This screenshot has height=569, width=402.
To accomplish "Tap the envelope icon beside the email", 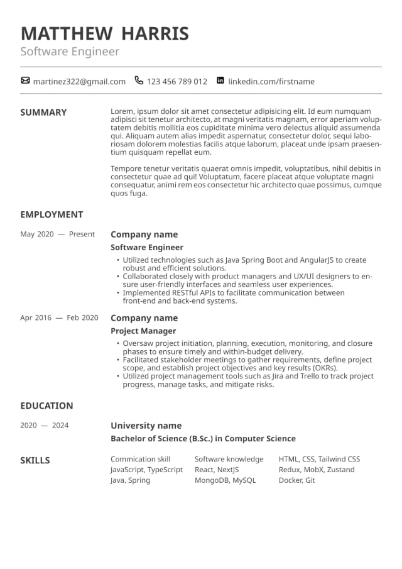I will point(25,80).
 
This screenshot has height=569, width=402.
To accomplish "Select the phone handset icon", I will point(139,80).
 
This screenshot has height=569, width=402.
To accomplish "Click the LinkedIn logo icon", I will point(220,80).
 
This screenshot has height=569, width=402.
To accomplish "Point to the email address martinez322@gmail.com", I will point(79,82).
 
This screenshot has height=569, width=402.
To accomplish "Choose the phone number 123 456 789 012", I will point(177,82).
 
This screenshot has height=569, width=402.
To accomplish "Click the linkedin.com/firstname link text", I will point(271,82).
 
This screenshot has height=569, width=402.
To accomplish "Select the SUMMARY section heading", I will point(43,113).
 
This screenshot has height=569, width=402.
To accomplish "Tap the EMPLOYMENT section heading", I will point(52,214).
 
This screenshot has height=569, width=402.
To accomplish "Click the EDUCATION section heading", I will point(46,406).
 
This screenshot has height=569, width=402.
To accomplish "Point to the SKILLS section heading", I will point(35,460).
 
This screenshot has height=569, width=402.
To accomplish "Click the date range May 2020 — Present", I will point(58,235).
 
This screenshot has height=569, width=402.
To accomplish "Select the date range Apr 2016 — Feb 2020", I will point(59,318).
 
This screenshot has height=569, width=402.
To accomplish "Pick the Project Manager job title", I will point(143,331).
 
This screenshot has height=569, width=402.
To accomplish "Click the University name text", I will point(146,426).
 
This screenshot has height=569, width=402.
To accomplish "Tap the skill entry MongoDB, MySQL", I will point(225,480).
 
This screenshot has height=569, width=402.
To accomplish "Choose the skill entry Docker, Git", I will point(296,480).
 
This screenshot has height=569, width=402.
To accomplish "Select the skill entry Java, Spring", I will point(130,480).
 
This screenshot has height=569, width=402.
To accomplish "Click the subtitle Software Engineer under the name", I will point(70,52).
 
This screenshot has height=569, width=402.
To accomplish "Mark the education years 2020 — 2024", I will point(44,426).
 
